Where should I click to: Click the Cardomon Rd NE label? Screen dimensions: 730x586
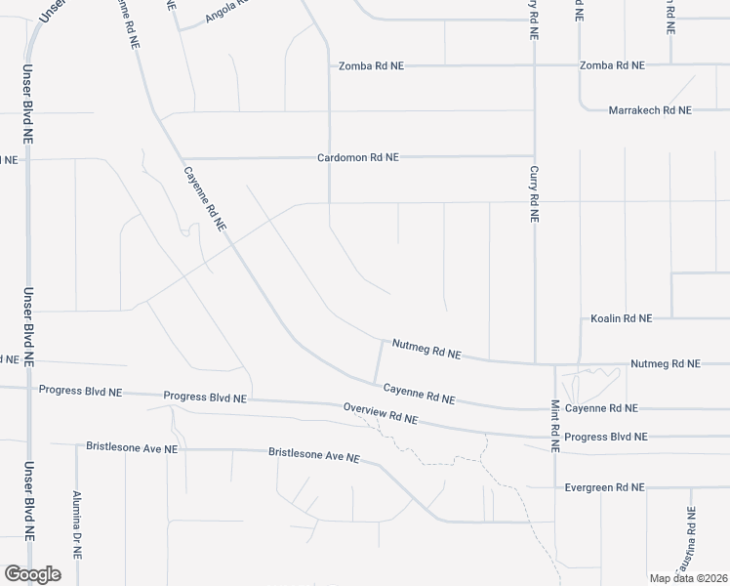tap(358, 157)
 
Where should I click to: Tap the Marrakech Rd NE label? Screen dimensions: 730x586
tap(650, 110)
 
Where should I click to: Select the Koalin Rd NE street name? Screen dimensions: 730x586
tap(621, 318)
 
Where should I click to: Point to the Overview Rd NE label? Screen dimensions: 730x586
tap(381, 413)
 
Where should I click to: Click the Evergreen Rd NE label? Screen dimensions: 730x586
tap(605, 486)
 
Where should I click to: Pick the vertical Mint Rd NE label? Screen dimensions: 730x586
tap(554, 426)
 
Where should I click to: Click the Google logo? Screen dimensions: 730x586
tap(32, 574)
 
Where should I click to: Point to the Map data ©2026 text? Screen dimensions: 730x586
tap(688, 578)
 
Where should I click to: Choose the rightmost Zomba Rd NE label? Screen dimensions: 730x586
tap(612, 65)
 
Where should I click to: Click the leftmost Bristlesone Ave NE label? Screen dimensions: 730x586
tap(132, 448)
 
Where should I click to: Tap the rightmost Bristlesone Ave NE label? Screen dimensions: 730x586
tap(314, 455)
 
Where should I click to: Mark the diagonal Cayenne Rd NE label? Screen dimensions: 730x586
tap(206, 198)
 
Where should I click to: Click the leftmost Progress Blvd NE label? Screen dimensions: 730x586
tap(80, 390)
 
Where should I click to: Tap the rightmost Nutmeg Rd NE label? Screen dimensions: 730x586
tap(666, 363)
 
